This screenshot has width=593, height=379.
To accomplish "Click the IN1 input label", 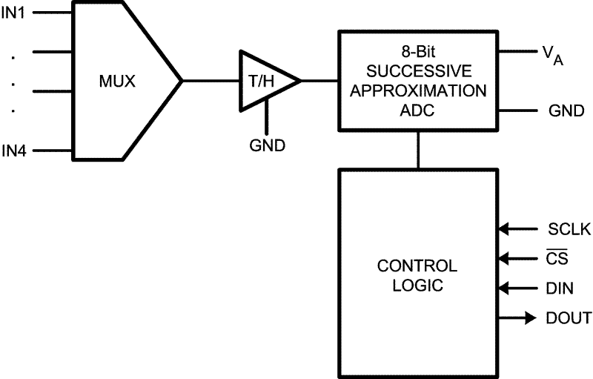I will click(x=14, y=13).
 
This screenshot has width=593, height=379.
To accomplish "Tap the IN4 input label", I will click(x=14, y=151).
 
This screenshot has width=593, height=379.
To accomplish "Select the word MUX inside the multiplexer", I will click(x=119, y=81).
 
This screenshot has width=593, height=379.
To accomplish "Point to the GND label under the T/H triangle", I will click(x=267, y=145).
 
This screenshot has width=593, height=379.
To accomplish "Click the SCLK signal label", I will click(x=569, y=230).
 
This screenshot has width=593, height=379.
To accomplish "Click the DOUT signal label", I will click(x=569, y=318).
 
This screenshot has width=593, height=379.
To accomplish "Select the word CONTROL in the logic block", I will click(x=417, y=266).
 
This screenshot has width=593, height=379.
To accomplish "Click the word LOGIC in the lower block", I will click(x=417, y=284).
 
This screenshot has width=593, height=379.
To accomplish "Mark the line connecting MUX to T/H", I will click(x=211, y=81).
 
